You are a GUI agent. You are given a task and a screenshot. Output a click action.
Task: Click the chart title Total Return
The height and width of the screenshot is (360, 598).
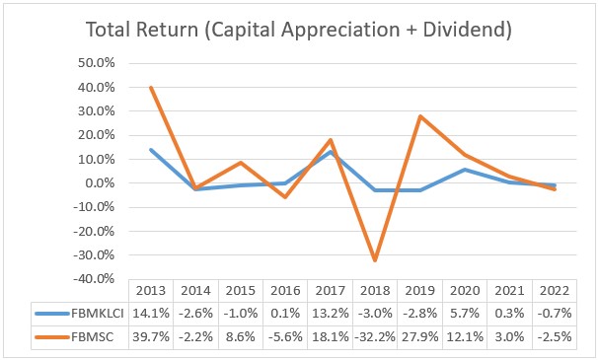pyautogui.click(x=298, y=31)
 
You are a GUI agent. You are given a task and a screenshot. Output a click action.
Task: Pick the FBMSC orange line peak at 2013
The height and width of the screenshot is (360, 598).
pyautogui.click(x=151, y=88)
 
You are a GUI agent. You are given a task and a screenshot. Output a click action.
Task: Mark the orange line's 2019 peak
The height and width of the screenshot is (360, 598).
pyautogui.click(x=420, y=116)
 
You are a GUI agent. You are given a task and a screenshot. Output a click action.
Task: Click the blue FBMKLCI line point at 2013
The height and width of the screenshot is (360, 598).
pyautogui.click(x=151, y=150)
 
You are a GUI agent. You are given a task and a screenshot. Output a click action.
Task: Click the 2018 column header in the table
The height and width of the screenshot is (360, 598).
pyautogui.click(x=375, y=293)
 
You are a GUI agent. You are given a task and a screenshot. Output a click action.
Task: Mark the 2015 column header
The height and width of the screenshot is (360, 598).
pyautogui.click(x=241, y=293)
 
